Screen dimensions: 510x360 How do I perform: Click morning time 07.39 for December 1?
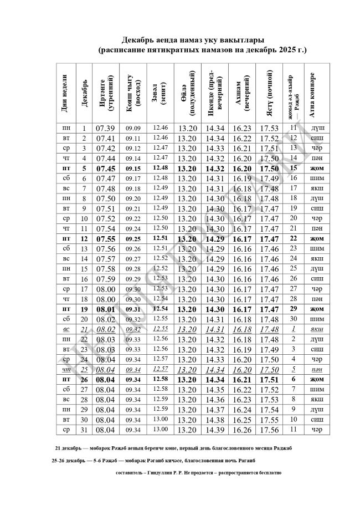tap(105, 128)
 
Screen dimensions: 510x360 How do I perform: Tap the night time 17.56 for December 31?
tap(269, 429)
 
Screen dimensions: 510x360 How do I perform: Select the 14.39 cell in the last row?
tap(215, 429)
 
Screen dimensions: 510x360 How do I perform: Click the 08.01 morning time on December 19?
tap(105, 309)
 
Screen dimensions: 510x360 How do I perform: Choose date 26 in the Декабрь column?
tap(84, 379)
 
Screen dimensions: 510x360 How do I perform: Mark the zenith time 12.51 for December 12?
tap(160, 238)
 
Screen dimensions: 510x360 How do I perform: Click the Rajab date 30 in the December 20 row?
tap(294, 319)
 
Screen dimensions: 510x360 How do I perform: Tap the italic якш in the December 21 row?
tap(317, 329)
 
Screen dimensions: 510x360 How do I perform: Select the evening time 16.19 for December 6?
tap(242, 178)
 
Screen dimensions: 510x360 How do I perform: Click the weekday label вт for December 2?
tap(66, 138)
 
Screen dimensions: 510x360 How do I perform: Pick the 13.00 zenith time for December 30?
tap(160, 419)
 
